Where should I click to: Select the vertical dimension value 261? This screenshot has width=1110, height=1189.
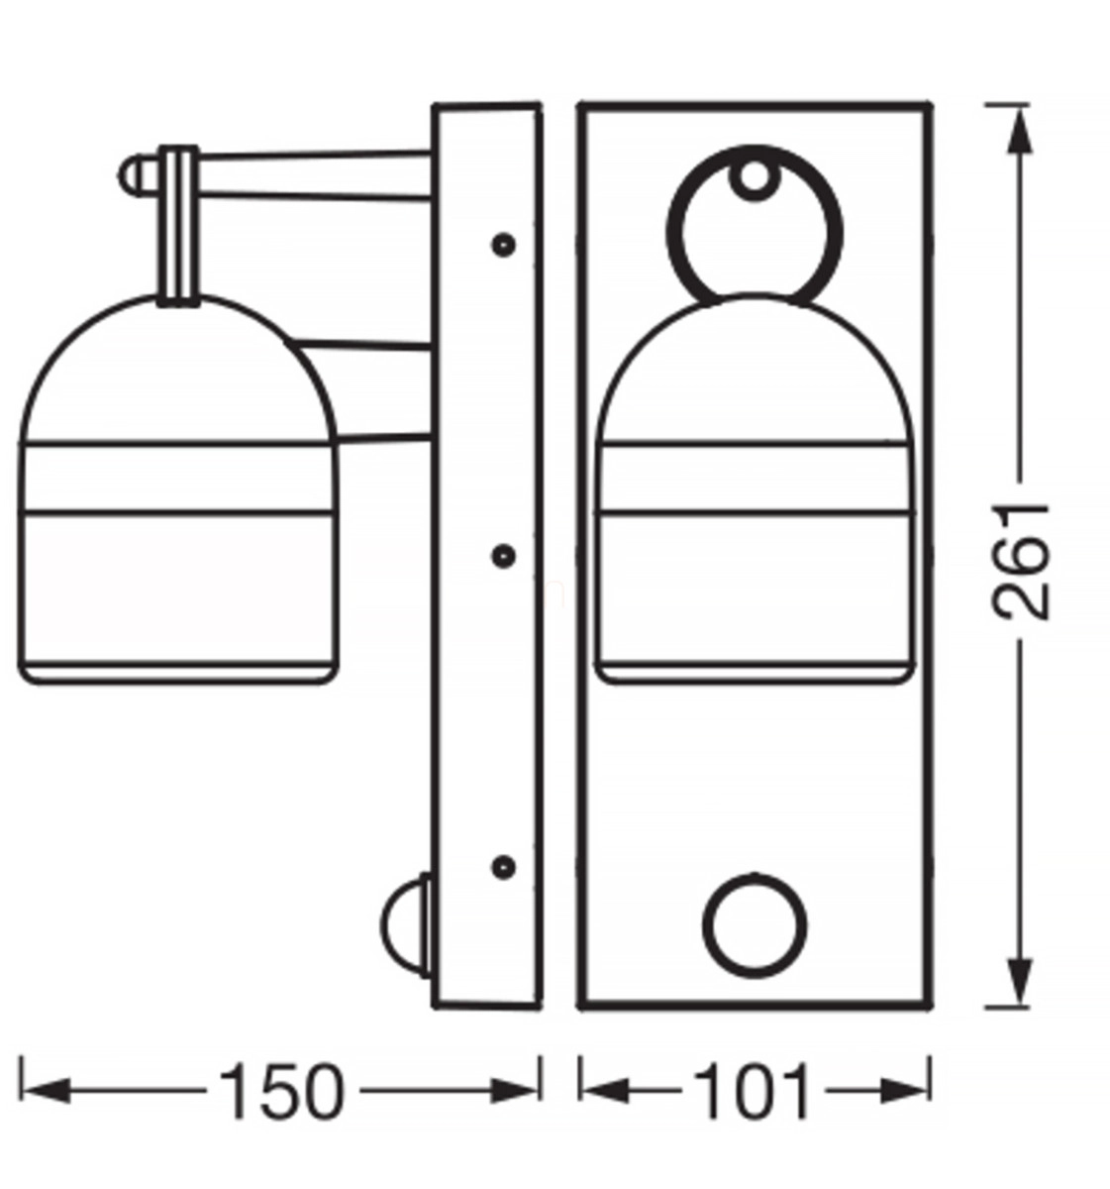click(1019, 562)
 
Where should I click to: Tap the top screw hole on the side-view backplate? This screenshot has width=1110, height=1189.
click(504, 245)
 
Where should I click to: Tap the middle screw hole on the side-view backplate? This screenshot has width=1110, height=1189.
click(504, 556)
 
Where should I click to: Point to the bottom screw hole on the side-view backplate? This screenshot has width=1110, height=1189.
click(504, 867)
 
